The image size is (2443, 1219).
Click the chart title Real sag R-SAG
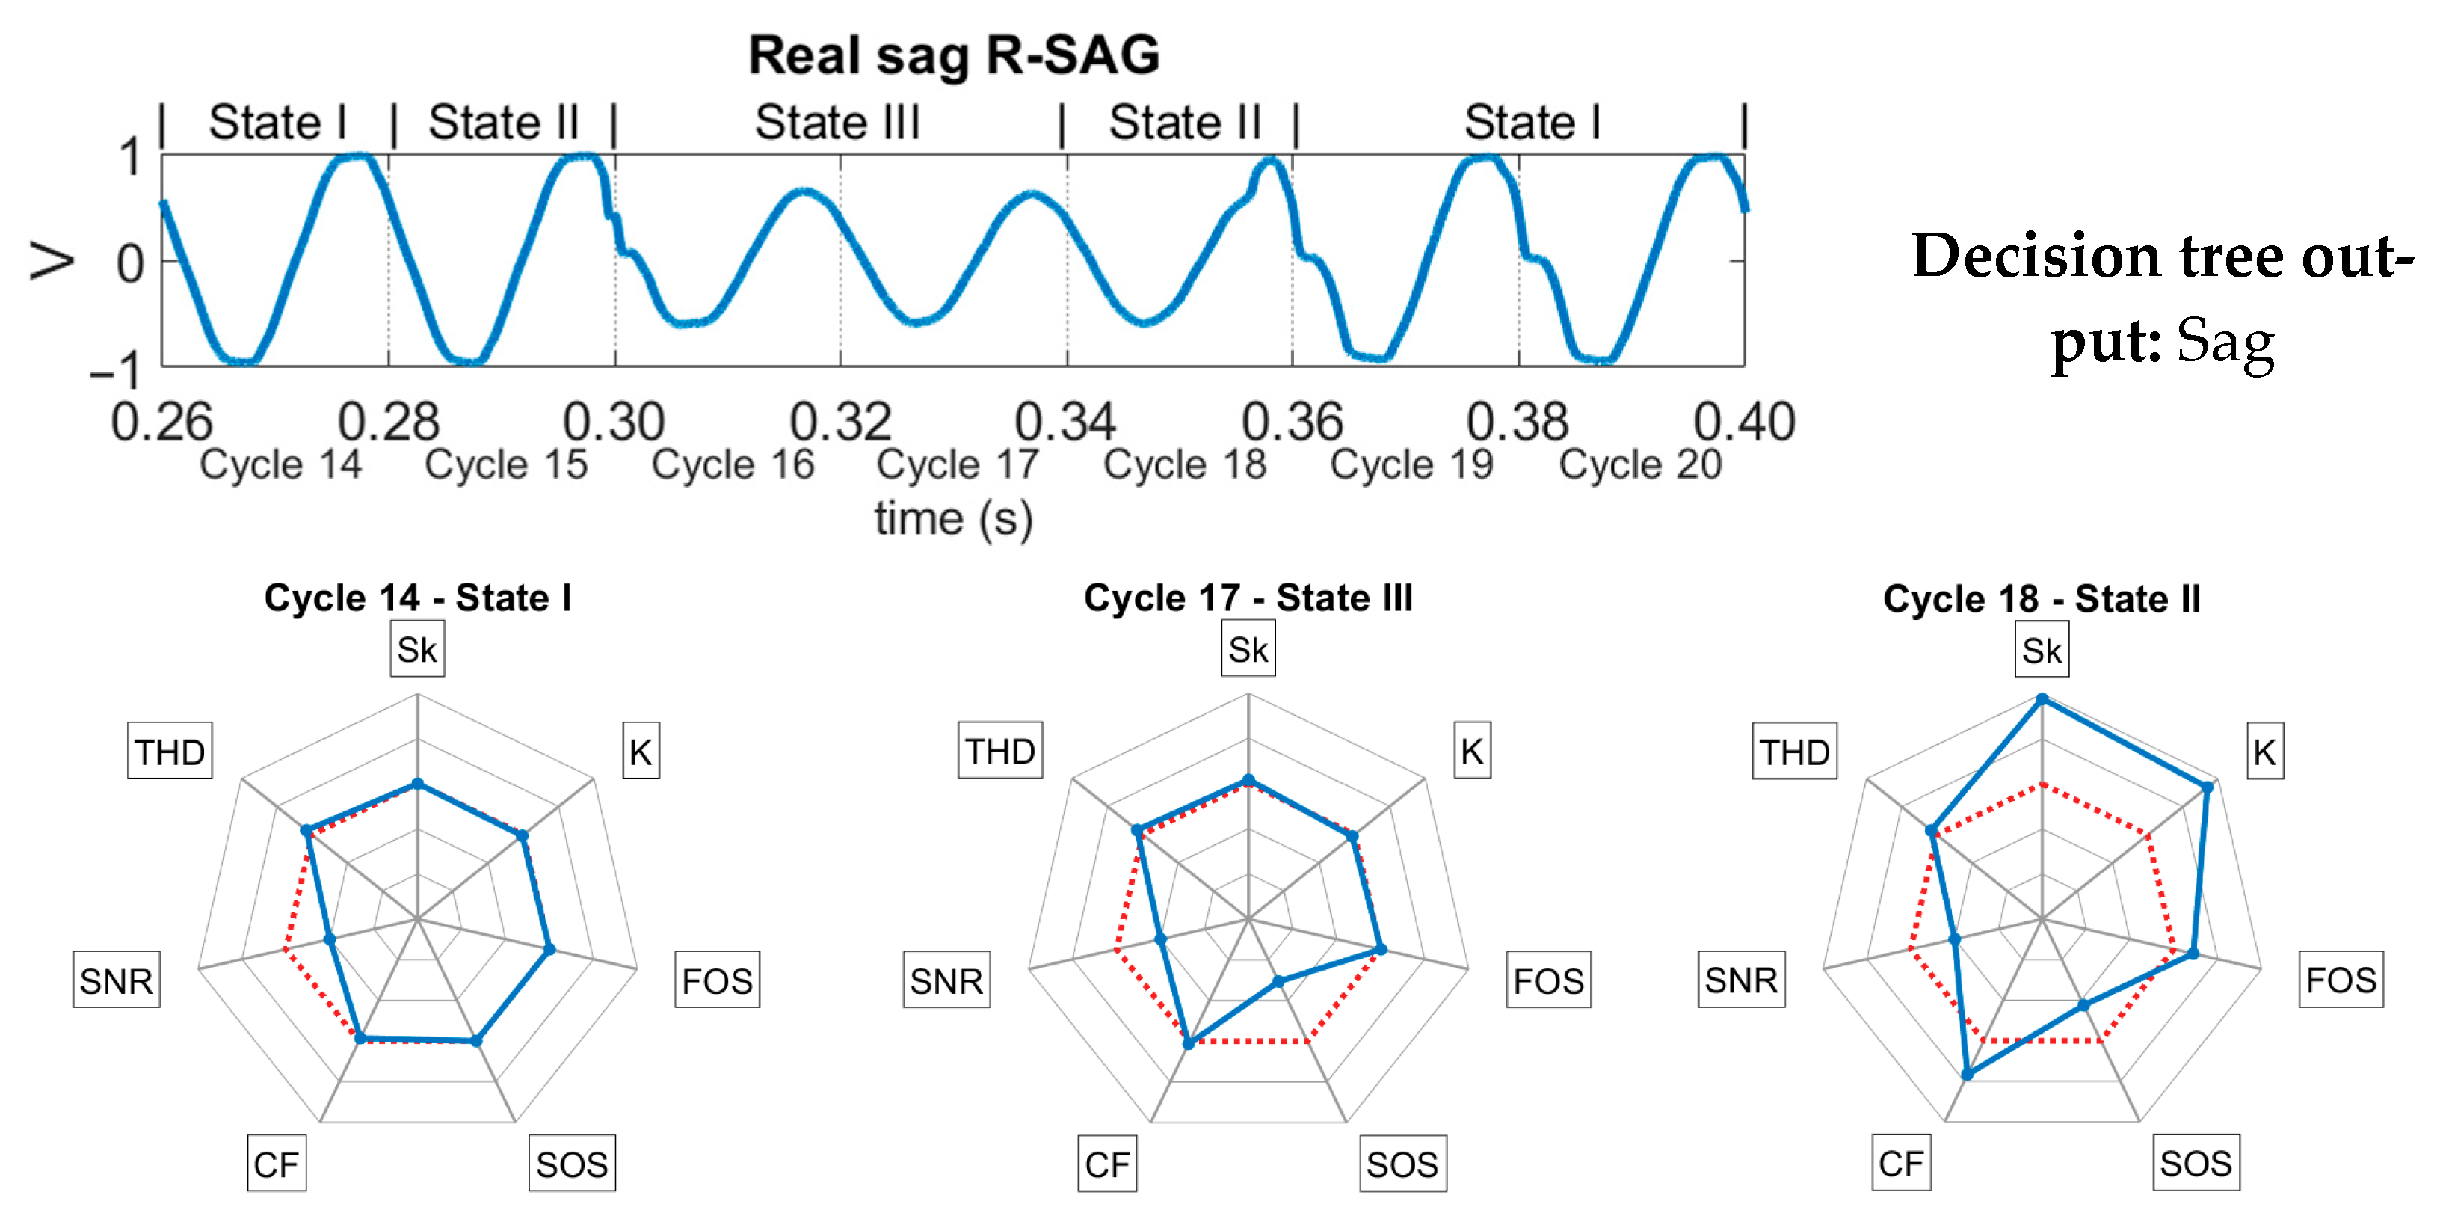point(953,55)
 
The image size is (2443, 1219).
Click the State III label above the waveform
point(837,123)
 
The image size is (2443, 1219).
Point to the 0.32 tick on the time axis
point(840,421)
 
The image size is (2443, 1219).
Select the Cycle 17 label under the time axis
point(958,465)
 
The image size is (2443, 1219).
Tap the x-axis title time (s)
point(953,519)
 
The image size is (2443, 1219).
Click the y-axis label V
point(52,262)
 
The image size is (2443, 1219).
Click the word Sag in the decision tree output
point(2225,342)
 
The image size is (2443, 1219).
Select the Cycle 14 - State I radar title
point(417,598)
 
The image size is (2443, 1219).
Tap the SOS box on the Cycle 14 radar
point(571,1163)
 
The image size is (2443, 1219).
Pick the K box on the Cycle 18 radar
point(2264,752)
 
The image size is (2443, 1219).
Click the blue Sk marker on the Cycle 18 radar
point(2042,699)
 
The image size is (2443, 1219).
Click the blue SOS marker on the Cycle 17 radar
point(1278,982)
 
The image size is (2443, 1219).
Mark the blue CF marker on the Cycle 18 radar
point(1967,1074)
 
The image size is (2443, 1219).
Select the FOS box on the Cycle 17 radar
point(1547,980)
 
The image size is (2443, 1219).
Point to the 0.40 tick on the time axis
point(1743,421)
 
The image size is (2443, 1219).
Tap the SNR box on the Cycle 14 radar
point(116,980)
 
